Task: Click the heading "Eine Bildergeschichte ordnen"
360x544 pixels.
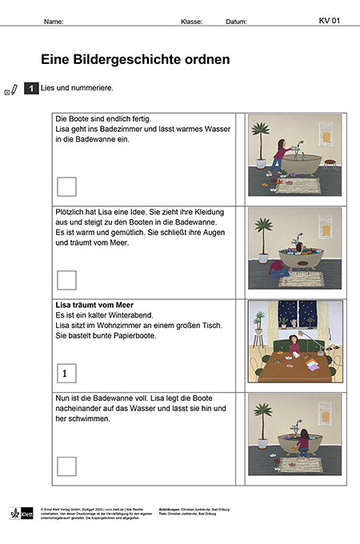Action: tap(135, 59)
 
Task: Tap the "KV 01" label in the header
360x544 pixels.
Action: tap(330, 21)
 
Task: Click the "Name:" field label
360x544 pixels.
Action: tap(54, 22)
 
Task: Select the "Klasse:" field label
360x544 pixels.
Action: tap(192, 22)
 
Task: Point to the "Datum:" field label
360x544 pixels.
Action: tap(237, 22)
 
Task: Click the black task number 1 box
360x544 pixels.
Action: tap(31, 89)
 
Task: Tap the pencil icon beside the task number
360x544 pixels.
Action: tap(14, 90)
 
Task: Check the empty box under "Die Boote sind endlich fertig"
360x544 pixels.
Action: tap(67, 186)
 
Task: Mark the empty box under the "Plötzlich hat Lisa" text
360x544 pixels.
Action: tap(67, 280)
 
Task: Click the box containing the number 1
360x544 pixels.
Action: tap(67, 373)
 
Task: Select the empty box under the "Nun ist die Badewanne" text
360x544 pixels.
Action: tap(67, 466)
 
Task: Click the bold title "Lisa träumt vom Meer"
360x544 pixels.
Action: tap(94, 306)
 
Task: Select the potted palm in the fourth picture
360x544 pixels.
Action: tap(261, 424)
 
